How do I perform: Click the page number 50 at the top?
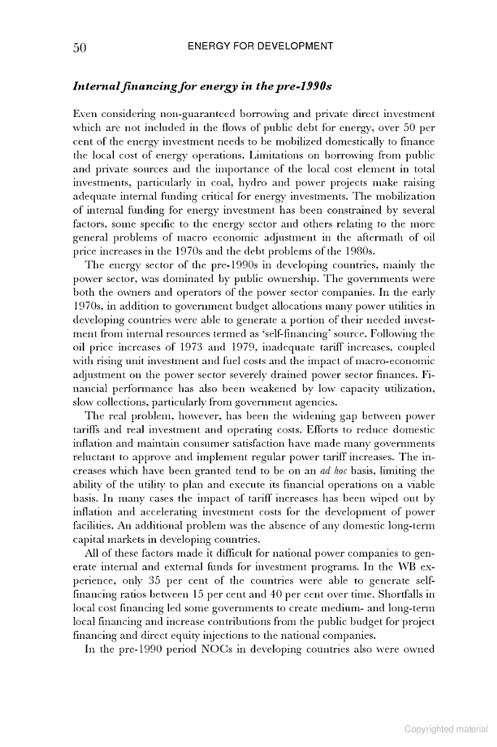(x=80, y=48)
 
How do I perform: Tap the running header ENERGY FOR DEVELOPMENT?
(x=260, y=47)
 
